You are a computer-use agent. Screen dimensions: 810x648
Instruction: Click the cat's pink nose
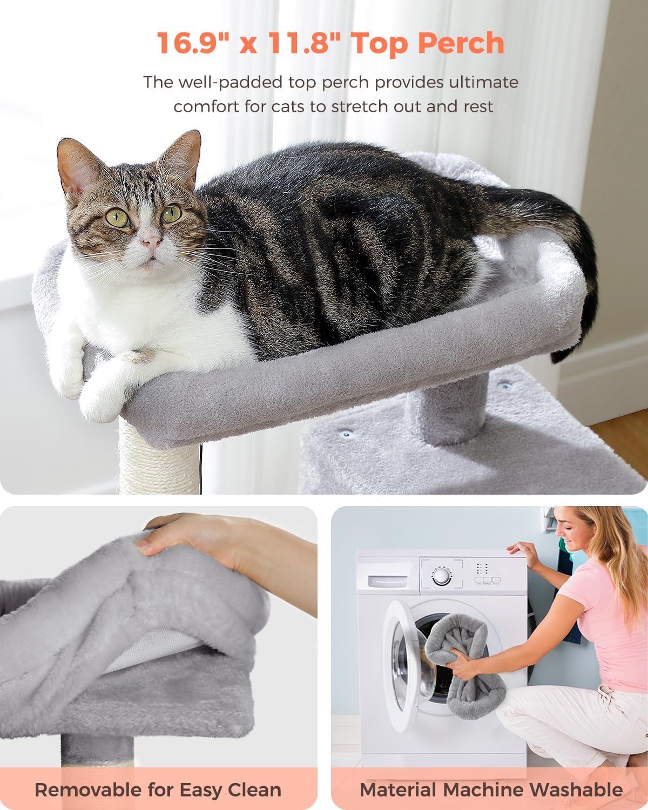[151, 241]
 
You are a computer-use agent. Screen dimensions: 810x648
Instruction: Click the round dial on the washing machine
[442, 576]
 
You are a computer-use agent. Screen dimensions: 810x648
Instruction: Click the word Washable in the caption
[578, 789]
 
